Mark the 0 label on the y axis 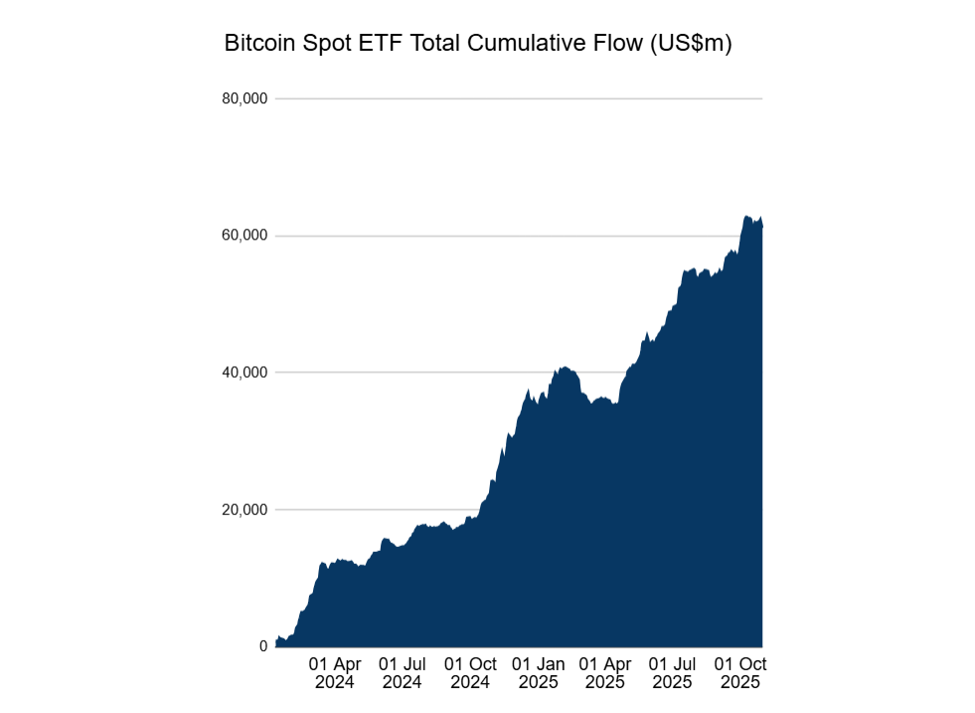pos(263,646)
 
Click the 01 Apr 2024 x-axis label pos(334,673)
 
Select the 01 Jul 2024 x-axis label pos(402,673)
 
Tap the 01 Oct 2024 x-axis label pos(470,673)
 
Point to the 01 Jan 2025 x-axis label pos(538,673)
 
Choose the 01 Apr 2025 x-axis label pos(604,673)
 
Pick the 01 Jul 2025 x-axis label pos(672,673)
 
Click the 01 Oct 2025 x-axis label pos(740,673)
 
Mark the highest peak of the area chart pos(747,216)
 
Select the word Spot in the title pos(319,45)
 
